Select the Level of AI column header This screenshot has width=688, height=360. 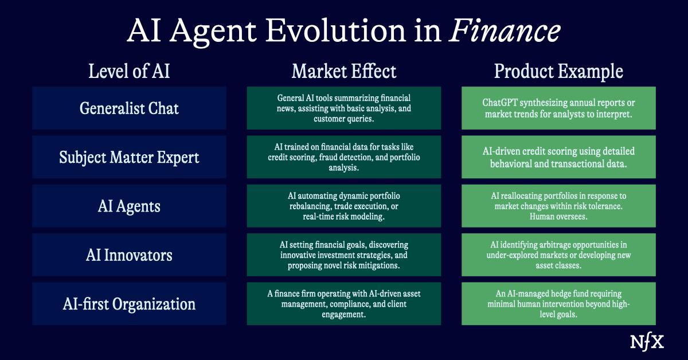point(129,72)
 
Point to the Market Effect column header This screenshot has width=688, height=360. point(344,72)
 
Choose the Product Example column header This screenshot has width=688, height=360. point(558,72)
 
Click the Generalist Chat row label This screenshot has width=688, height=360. point(129,108)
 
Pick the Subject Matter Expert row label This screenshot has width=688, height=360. point(129,157)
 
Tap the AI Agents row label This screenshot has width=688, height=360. point(129,206)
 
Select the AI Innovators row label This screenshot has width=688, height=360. point(129,255)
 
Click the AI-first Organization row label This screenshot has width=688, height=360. point(129,303)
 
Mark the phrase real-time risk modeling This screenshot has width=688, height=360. point(344,216)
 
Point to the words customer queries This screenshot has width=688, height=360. point(344,119)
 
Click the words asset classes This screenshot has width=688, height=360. point(558,265)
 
